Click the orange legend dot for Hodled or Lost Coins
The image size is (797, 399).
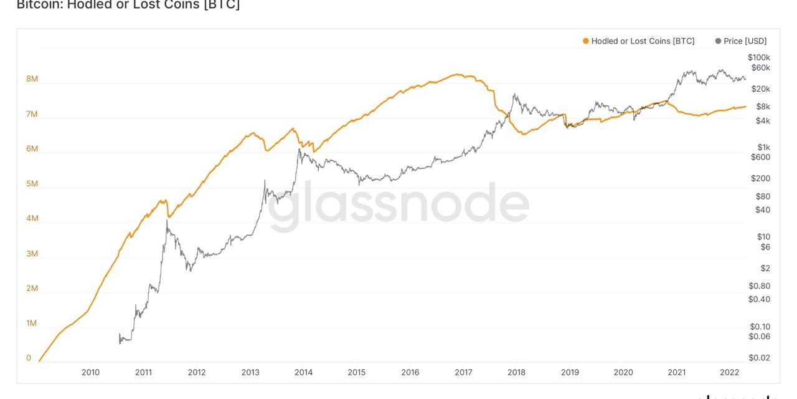pyautogui.click(x=585, y=41)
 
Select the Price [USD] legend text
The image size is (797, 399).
pyautogui.click(x=745, y=41)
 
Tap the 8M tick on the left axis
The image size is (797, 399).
pyautogui.click(x=32, y=79)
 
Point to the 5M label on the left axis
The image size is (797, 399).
pyautogui.click(x=32, y=184)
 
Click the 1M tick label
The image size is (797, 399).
pyautogui.click(x=32, y=324)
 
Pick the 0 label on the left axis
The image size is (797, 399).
pyautogui.click(x=29, y=358)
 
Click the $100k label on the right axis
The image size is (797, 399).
pyautogui.click(x=759, y=57)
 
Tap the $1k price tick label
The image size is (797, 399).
pyautogui.click(x=763, y=147)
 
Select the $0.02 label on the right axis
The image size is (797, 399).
pyautogui.click(x=760, y=358)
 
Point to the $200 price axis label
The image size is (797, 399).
pyautogui.click(x=760, y=178)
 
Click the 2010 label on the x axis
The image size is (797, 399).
pyautogui.click(x=90, y=372)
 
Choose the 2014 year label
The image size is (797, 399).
pyautogui.click(x=303, y=372)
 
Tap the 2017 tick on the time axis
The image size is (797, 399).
pyautogui.click(x=463, y=372)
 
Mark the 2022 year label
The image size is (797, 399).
pyautogui.click(x=730, y=372)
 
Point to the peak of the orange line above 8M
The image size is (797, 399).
pyautogui.click(x=458, y=74)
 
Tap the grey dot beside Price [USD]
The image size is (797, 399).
pyautogui.click(x=718, y=41)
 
